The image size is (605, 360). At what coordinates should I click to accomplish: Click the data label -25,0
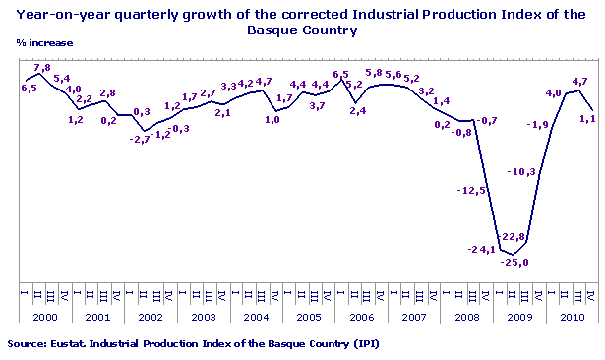pyautogui.click(x=515, y=262)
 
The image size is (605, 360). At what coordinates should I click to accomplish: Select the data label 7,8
pyautogui.click(x=42, y=68)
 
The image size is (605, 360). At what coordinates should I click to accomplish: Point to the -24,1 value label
pyautogui.click(x=481, y=249)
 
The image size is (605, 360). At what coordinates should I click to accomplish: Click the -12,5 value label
pyautogui.click(x=471, y=190)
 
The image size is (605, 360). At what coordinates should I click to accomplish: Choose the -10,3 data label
pyautogui.click(x=520, y=172)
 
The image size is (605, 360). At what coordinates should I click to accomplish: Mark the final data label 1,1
pyautogui.click(x=589, y=119)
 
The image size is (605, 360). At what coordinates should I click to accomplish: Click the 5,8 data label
pyautogui.click(x=374, y=73)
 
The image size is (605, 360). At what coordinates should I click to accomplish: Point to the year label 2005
pyautogui.click(x=308, y=319)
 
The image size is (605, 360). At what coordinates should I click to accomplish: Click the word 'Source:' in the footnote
pyautogui.click(x=28, y=344)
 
